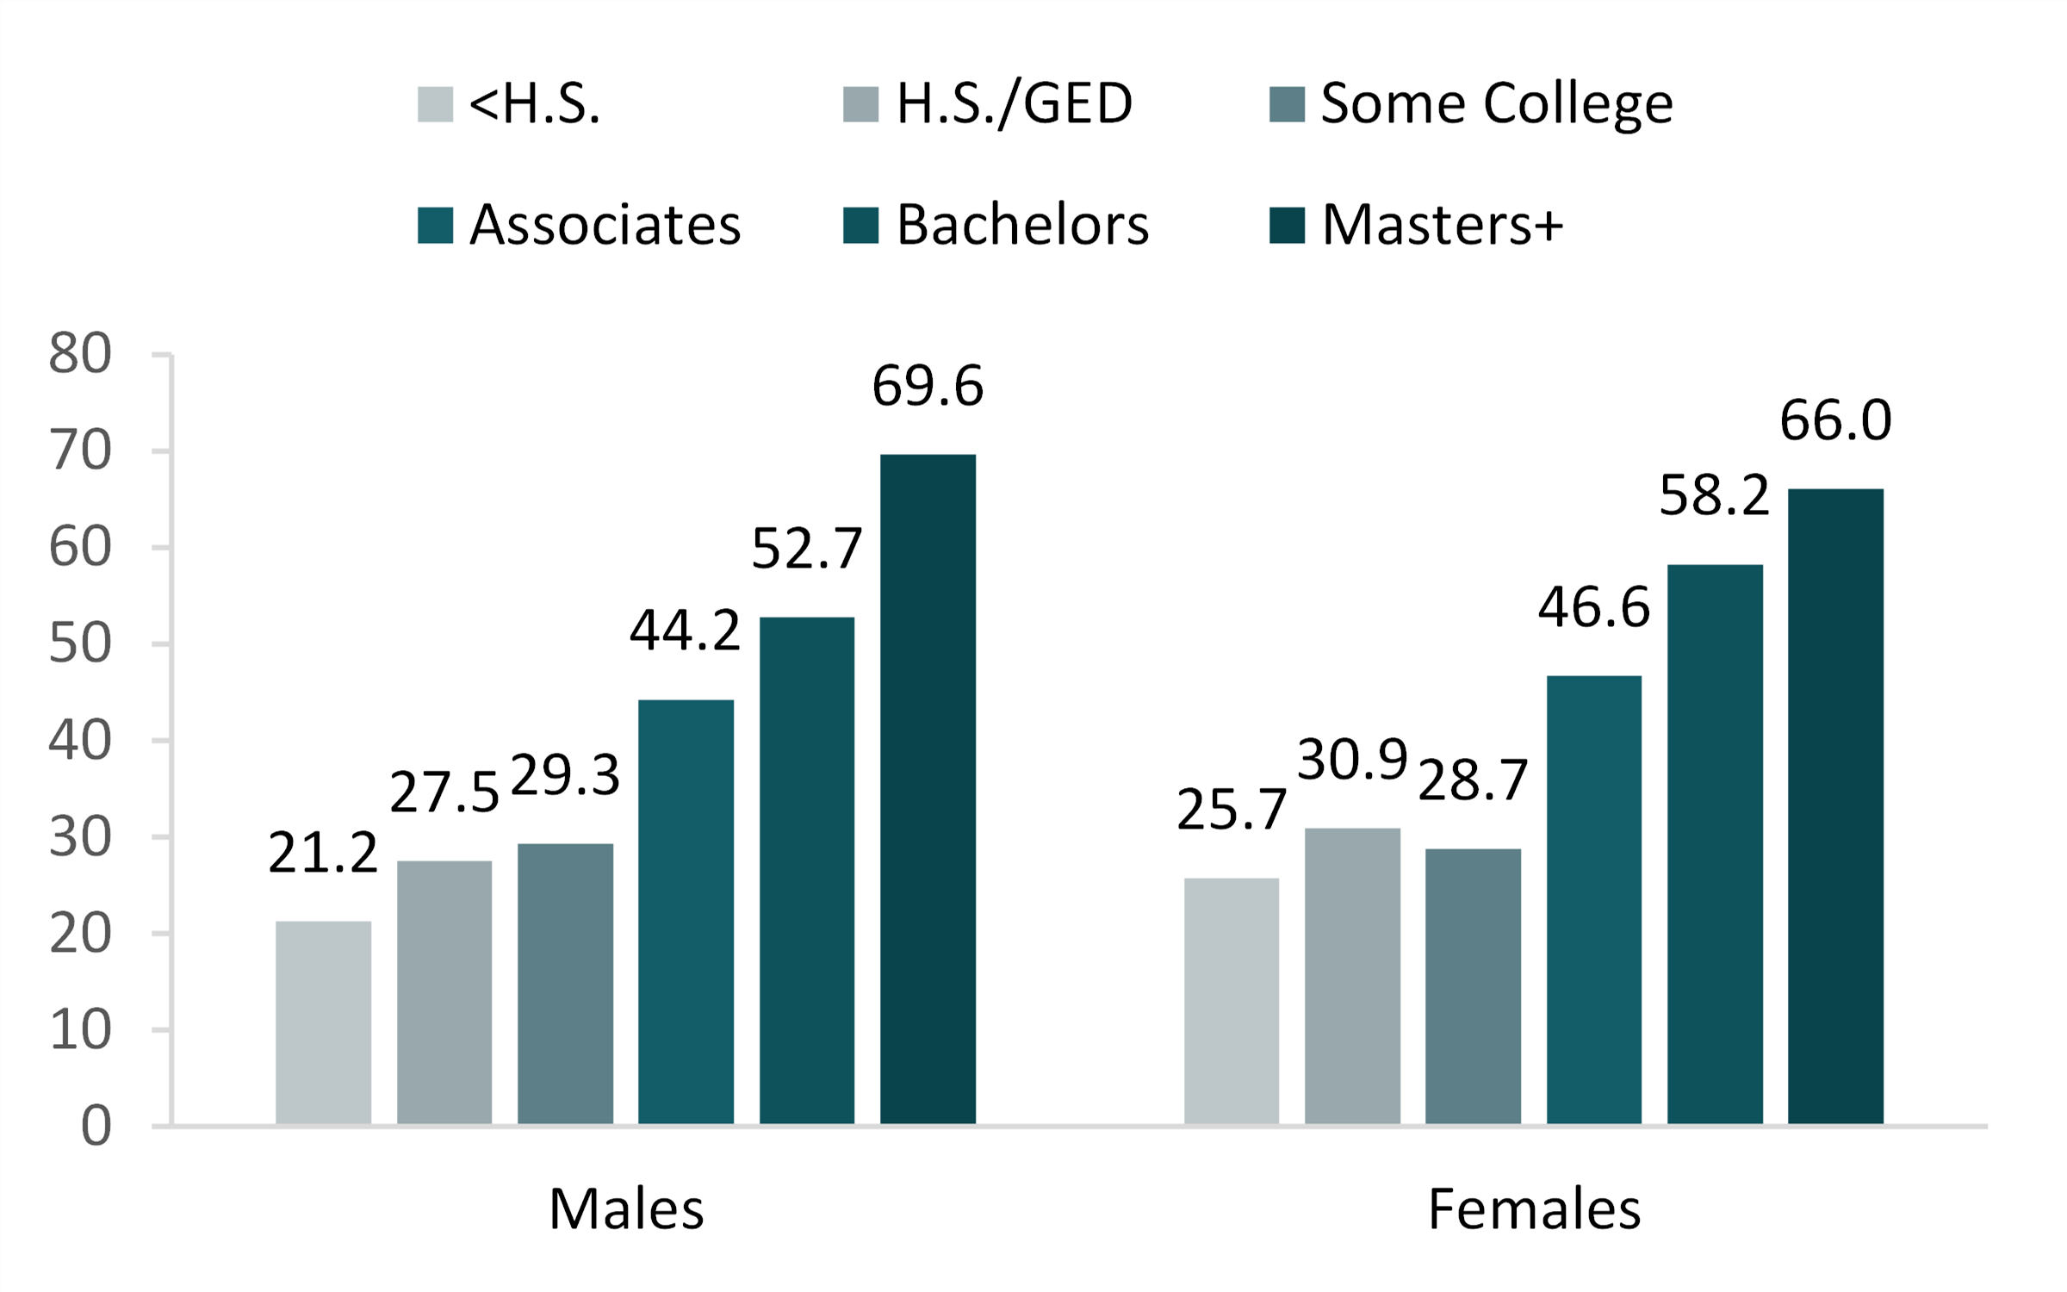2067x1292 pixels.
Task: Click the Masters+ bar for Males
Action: click(928, 788)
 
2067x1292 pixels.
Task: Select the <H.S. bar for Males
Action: click(323, 1022)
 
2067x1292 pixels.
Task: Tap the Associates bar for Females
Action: click(1593, 899)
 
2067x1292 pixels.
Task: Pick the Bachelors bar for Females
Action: click(1715, 844)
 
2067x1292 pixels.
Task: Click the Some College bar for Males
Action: click(565, 984)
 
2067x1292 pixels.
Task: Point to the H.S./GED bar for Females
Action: click(1352, 976)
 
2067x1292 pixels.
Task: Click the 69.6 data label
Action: click(928, 386)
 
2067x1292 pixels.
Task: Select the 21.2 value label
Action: click(323, 854)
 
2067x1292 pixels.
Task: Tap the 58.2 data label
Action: click(1714, 496)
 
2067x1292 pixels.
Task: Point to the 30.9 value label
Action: click(1352, 760)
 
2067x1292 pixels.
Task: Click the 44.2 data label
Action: click(685, 630)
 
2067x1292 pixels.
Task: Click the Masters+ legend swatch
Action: click(1287, 226)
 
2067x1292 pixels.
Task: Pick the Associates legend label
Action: click(605, 226)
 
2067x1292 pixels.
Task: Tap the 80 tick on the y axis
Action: click(80, 353)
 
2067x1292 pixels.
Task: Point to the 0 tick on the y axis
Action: click(96, 1126)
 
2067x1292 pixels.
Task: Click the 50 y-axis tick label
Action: click(80, 643)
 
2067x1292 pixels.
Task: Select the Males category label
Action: click(626, 1209)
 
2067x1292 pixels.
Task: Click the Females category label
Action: click(1534, 1209)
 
